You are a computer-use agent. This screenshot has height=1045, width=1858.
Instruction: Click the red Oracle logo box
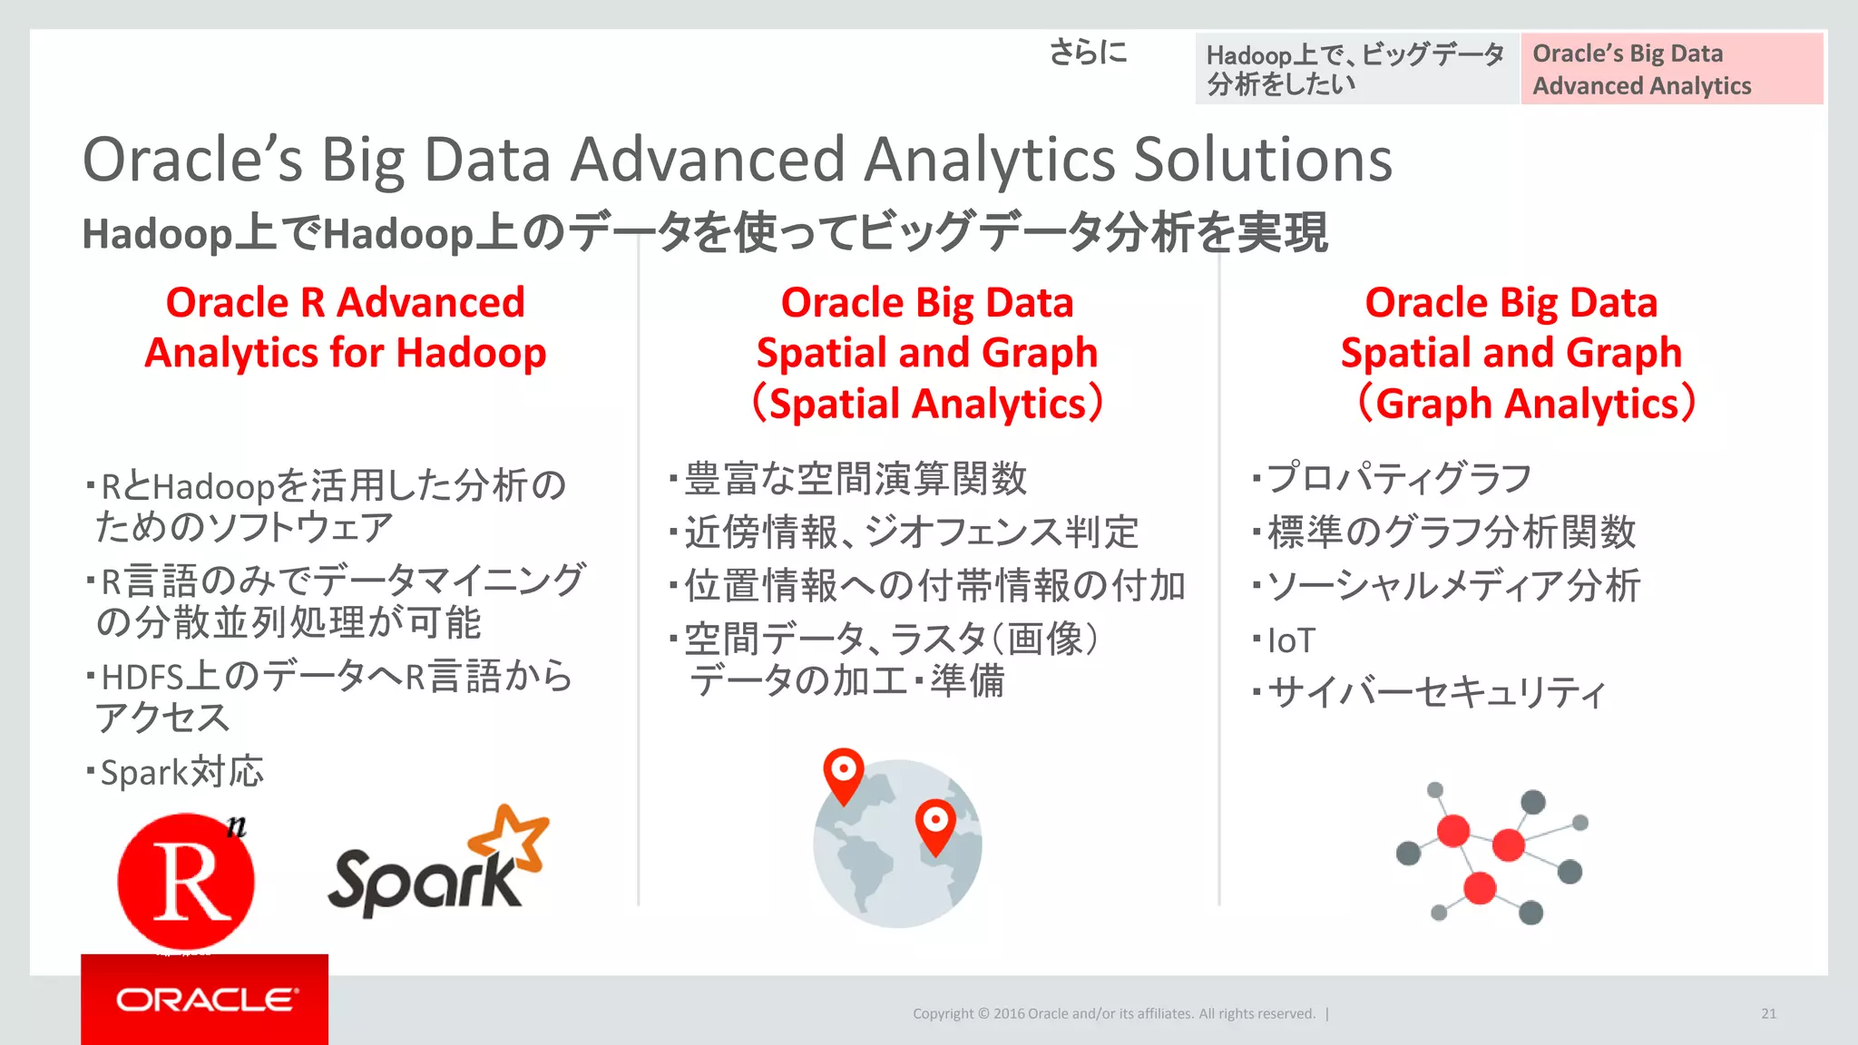pos(204,999)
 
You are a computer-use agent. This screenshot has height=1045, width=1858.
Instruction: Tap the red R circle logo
pos(186,881)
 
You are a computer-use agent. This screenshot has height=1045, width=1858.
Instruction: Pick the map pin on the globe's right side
pos(935,824)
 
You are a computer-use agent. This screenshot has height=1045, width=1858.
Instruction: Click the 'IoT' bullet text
pos(1290,640)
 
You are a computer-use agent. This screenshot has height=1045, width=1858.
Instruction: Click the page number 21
pos(1768,1013)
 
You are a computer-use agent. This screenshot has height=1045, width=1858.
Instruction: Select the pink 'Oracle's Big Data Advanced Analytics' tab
pos(1671,69)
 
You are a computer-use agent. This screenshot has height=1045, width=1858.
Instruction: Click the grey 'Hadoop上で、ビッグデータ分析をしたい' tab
pos(1355,69)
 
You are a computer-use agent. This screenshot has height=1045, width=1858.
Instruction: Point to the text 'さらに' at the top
pos(1088,53)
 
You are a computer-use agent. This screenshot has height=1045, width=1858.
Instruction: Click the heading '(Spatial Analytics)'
pos(927,404)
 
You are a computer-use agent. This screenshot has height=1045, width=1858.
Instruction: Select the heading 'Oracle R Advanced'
pos(345,302)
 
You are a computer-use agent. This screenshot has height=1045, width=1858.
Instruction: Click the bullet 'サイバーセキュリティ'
pos(1435,693)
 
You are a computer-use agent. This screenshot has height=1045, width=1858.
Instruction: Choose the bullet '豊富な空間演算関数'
pos(855,478)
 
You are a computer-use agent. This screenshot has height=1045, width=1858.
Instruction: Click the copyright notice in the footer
pos(1113,1013)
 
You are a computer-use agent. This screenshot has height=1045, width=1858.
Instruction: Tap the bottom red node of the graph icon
pos(1480,887)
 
